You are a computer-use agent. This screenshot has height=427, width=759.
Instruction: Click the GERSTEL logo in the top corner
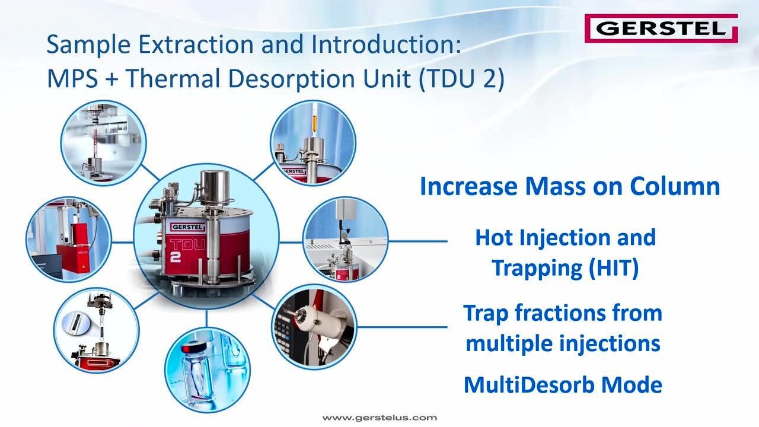pyautogui.click(x=661, y=28)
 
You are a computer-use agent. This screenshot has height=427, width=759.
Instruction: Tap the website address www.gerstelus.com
pyautogui.click(x=379, y=418)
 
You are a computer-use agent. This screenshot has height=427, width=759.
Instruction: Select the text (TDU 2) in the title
pyautogui.click(x=461, y=79)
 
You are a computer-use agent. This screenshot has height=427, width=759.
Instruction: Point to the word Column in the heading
pyautogui.click(x=675, y=186)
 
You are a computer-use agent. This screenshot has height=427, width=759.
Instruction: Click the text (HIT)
pyautogui.click(x=614, y=267)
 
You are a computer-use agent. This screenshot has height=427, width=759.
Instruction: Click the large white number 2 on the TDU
pyautogui.click(x=175, y=257)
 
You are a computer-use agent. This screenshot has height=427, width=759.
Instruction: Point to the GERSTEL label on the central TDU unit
pyautogui.click(x=187, y=227)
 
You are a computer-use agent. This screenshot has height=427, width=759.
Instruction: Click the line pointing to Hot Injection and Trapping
pyautogui.click(x=418, y=241)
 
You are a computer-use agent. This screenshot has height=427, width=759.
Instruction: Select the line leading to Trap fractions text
pyautogui.click(x=402, y=327)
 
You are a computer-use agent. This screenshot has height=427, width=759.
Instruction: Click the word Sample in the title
pyautogui.click(x=88, y=44)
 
